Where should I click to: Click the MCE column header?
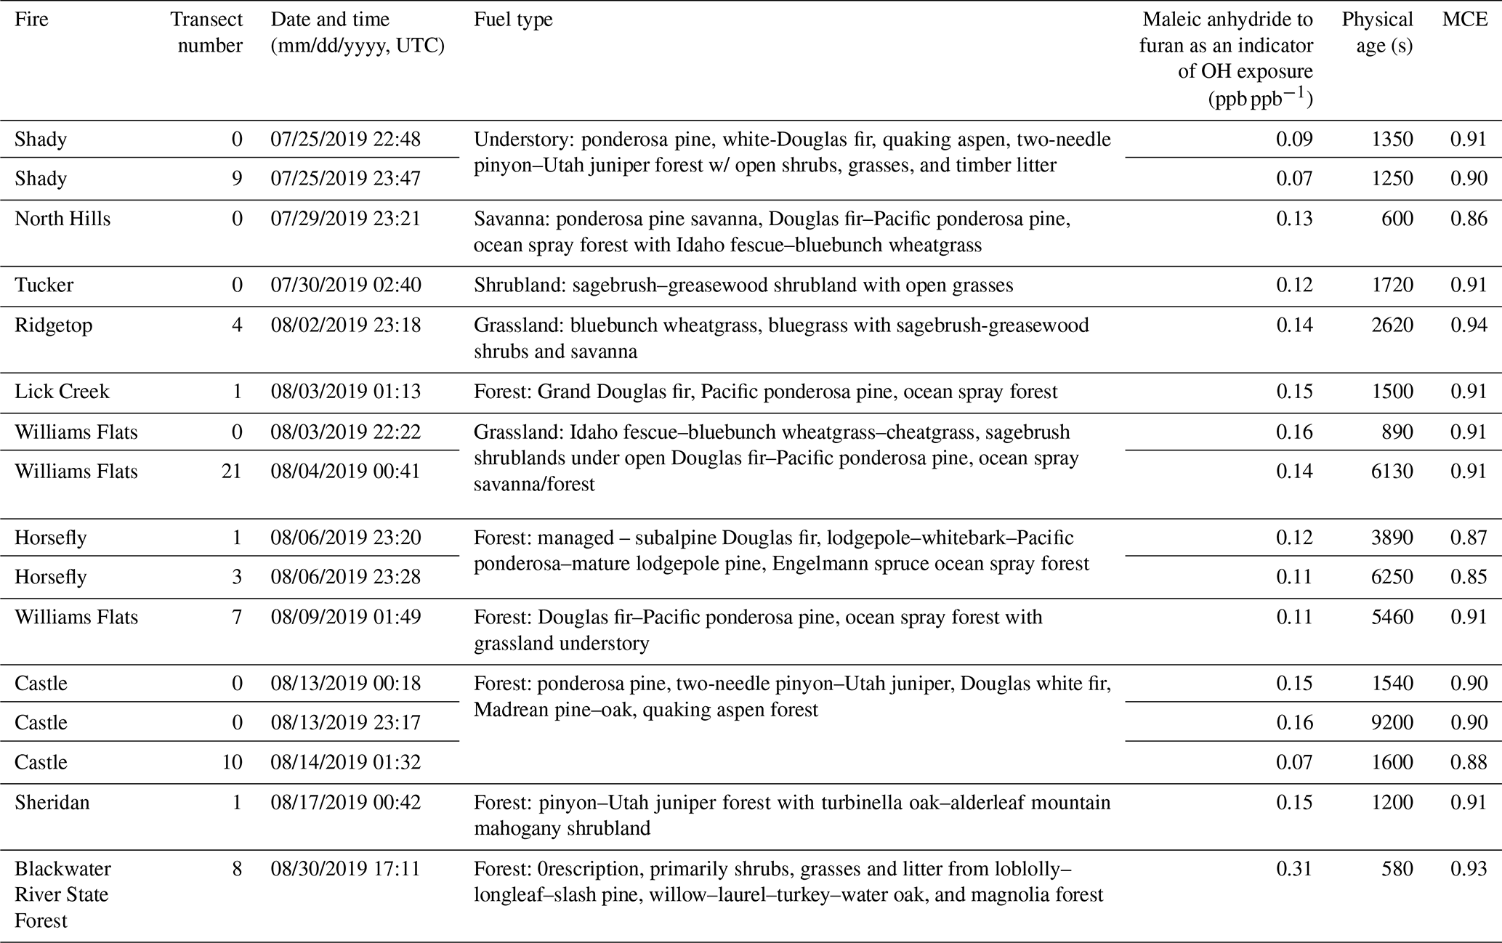(x=1465, y=20)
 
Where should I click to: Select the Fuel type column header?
(x=513, y=20)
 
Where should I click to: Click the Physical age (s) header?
(x=1377, y=32)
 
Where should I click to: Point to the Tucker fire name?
(x=44, y=285)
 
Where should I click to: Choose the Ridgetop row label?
(x=54, y=325)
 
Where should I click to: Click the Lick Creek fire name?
(x=62, y=392)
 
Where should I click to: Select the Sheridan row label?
(x=52, y=803)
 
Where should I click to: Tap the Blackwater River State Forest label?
(x=62, y=894)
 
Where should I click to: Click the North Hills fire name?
(x=62, y=219)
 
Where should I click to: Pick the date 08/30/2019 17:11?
(x=345, y=869)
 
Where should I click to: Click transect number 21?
(x=232, y=471)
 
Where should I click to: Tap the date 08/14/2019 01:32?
(x=345, y=762)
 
